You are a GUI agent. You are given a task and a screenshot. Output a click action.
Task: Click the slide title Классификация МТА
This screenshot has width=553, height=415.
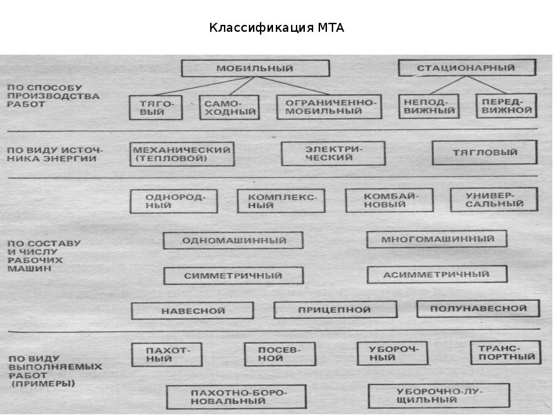pos(276,28)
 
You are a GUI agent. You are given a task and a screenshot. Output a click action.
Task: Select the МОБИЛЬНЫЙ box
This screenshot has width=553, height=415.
pos(254,68)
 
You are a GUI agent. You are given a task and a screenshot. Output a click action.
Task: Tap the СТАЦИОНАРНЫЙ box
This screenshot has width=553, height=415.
pos(467,68)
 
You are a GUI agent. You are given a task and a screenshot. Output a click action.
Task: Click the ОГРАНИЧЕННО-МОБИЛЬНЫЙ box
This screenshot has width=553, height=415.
pos(329,107)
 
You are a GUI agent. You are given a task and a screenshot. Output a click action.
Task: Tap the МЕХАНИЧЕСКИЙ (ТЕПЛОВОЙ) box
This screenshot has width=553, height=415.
pos(181,154)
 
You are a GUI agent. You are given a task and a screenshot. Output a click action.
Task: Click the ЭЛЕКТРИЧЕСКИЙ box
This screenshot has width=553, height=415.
pos(333,154)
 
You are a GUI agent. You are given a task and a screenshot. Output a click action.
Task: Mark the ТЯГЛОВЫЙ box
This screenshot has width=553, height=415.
pos(484,153)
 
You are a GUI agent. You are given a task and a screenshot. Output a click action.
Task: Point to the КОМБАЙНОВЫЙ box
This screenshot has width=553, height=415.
pos(389,201)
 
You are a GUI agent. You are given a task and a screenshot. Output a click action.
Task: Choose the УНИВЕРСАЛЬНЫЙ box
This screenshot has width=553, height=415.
pos(494,200)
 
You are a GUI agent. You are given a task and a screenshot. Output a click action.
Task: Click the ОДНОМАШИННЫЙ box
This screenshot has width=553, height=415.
pos(234,241)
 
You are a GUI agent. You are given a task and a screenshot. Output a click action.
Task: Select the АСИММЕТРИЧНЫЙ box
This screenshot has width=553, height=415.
pos(437,275)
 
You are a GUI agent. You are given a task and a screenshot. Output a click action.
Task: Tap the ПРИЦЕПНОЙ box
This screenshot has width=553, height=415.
pos(334,310)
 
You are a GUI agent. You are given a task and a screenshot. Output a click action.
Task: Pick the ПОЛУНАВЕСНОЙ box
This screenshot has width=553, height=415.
pos(478,308)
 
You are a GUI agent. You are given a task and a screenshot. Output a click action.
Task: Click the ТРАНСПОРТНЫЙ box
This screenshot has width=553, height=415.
pos(504,353)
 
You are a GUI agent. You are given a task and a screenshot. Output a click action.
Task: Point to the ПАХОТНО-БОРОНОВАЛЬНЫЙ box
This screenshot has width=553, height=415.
pos(236,396)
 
